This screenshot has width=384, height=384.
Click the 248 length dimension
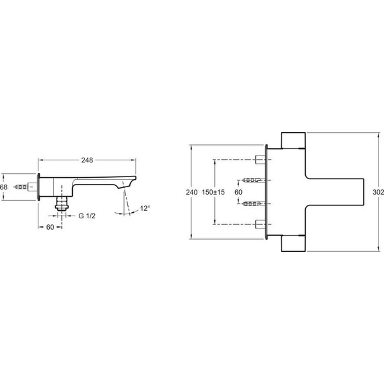coord(87,160)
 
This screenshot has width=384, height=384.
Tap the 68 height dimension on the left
coord(3,187)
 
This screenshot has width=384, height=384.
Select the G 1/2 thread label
coord(87,216)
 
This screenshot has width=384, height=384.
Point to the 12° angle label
coord(146,208)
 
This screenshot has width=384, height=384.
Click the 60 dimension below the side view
coord(50,227)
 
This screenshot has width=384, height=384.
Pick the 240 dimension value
coord(191,192)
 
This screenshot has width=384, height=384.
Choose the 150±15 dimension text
coord(213,192)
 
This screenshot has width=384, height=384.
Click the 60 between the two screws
coord(238,192)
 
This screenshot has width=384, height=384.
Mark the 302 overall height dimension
coord(378,192)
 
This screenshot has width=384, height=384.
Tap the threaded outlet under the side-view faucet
coord(61,203)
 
